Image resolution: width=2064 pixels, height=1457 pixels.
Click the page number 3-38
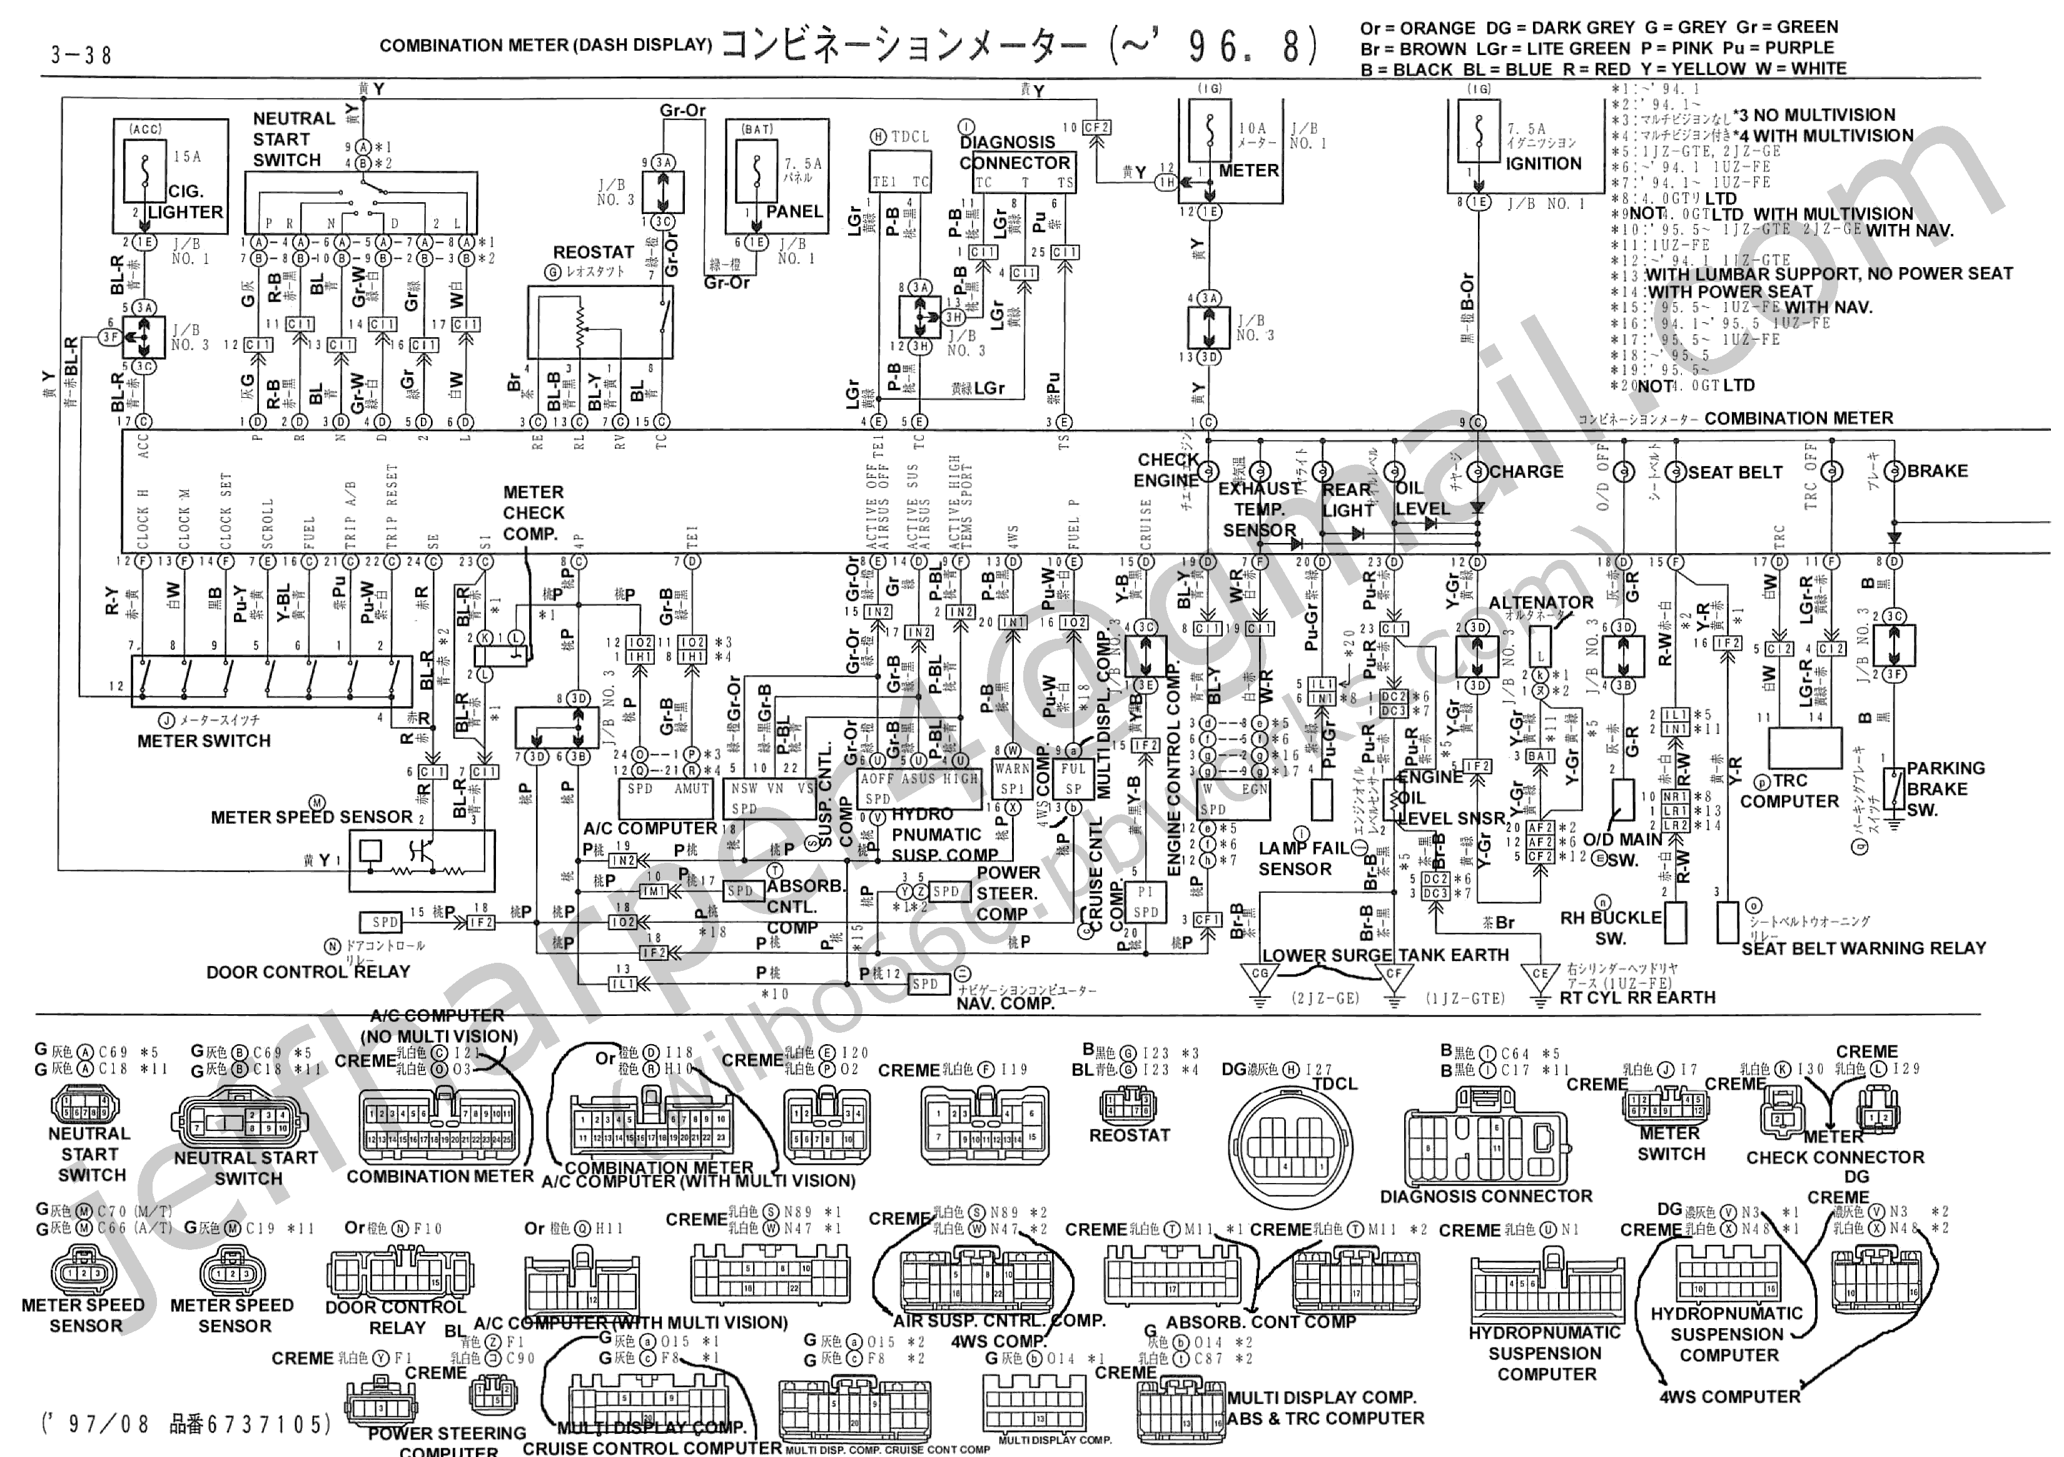coord(81,56)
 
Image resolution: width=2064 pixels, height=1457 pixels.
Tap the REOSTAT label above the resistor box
coord(594,253)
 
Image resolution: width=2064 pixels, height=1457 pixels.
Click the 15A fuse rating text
coord(187,156)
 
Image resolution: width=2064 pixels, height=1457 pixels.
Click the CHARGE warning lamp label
coord(1527,471)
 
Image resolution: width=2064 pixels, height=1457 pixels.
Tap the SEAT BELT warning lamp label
coord(1735,472)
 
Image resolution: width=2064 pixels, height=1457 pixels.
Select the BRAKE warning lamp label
coord(1937,471)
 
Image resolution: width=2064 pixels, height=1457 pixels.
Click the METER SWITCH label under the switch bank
coord(204,741)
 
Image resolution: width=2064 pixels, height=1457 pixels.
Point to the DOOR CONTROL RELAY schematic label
coord(308,972)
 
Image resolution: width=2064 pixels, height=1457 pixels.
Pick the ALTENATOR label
coord(1541,602)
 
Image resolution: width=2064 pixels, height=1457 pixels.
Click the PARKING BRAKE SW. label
coord(1945,789)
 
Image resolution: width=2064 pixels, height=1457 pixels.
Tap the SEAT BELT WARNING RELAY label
coord(1863,948)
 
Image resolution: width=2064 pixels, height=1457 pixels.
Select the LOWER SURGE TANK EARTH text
coord(1385,955)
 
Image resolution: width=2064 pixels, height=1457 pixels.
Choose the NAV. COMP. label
coord(1005,1003)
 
